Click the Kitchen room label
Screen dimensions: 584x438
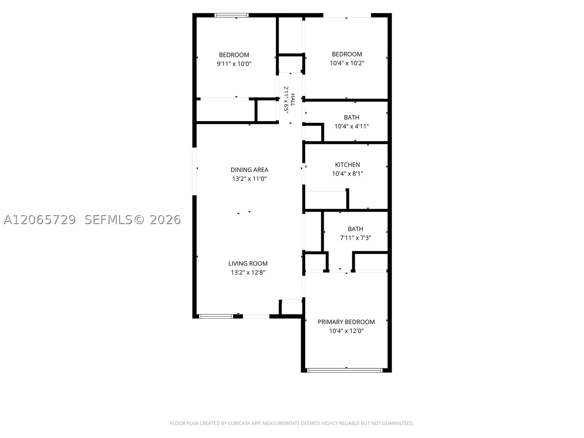(x=347, y=165)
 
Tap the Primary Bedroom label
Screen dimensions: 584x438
(x=346, y=322)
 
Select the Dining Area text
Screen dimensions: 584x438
(x=249, y=170)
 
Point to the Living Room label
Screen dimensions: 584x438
(x=248, y=264)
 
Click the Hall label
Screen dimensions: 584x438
(x=293, y=100)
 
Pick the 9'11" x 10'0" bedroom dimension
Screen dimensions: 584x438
(x=234, y=64)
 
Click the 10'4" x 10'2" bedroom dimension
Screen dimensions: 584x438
(x=347, y=63)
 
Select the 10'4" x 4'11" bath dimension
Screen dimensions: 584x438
(x=351, y=126)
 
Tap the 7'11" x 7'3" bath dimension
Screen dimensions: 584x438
(x=356, y=238)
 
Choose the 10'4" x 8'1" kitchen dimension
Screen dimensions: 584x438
(x=347, y=174)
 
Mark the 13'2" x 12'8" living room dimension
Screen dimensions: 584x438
(x=248, y=273)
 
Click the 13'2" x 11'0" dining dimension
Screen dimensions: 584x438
(x=249, y=179)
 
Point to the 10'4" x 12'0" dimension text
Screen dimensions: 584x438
(x=346, y=331)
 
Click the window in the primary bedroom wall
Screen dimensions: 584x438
(x=345, y=370)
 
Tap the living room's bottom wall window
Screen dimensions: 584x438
(x=216, y=316)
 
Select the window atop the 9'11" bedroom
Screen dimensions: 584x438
(x=231, y=15)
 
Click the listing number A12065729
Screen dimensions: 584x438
(x=40, y=220)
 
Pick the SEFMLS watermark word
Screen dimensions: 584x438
(x=108, y=220)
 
